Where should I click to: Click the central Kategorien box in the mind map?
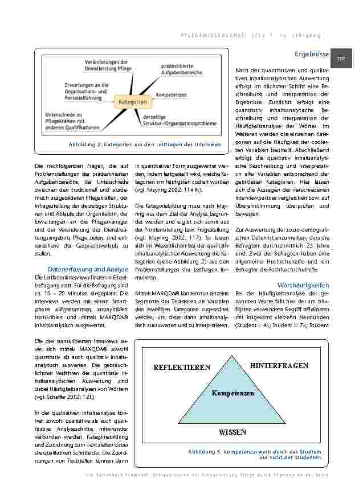click(133, 103)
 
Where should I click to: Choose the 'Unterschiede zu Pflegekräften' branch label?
click(72, 121)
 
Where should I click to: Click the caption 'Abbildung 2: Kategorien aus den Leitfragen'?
click(145, 145)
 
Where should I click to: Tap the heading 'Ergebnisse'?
click(312, 54)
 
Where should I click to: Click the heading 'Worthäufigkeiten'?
click(303, 284)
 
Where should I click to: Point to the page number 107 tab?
click(343, 58)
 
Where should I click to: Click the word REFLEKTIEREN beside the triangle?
click(178, 368)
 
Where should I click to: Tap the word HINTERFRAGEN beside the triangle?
click(279, 365)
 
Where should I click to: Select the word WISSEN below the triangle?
click(233, 432)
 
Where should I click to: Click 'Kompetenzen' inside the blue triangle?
click(233, 393)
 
